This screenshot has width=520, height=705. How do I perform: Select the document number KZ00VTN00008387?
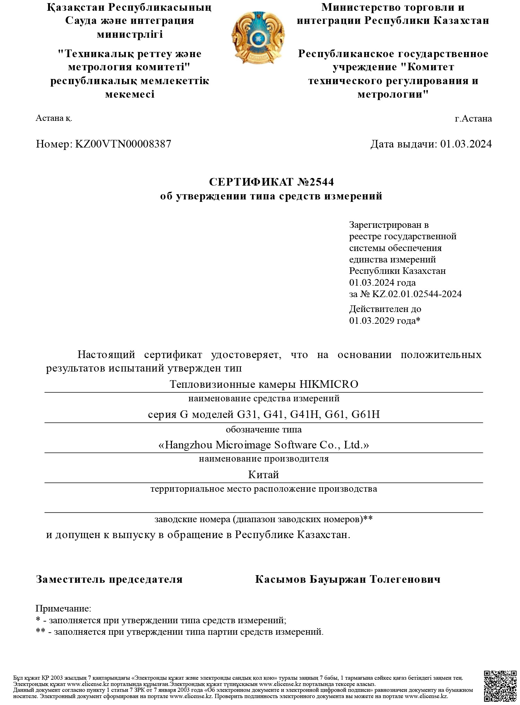point(123,144)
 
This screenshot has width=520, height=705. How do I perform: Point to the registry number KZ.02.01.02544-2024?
point(417,294)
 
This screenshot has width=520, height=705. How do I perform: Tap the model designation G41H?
point(304,414)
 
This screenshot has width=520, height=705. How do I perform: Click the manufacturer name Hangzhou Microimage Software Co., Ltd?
point(263,445)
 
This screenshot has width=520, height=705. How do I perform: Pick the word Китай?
point(263,474)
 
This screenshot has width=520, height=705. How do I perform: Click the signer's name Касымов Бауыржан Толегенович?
point(347,579)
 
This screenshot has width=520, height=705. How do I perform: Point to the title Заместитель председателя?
point(109,579)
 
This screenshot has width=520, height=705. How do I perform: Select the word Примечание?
point(63,608)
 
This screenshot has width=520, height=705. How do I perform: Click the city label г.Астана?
point(473,119)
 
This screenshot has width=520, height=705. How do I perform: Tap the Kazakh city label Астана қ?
point(54,118)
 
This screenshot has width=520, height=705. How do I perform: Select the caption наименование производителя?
point(263,459)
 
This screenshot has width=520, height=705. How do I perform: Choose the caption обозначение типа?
point(263,430)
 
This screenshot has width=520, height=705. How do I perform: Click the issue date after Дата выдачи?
point(466,144)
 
